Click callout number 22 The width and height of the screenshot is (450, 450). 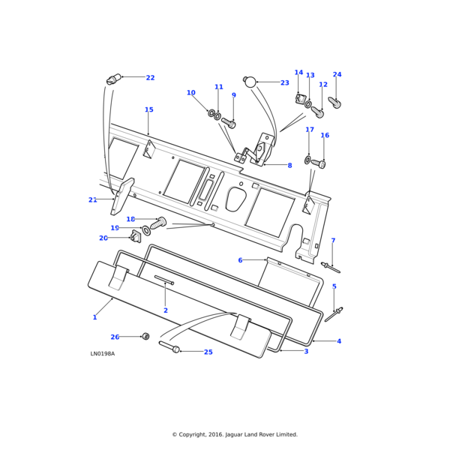click(150, 78)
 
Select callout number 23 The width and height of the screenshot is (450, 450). click(284, 83)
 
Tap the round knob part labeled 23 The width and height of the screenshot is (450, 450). click(250, 81)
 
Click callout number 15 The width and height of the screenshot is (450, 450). click(148, 110)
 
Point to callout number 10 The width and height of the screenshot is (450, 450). click(190, 93)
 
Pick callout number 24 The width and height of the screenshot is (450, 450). click(337, 75)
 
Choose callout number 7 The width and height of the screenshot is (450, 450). click(333, 241)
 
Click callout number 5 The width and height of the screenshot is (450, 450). click(334, 286)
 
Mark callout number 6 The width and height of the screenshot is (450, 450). click(240, 260)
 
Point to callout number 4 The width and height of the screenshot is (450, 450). click(338, 341)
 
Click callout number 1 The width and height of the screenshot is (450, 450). click(94, 317)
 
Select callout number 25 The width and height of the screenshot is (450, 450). click(208, 352)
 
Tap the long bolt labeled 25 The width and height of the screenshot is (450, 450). click(169, 347)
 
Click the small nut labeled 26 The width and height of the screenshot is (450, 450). click(145, 337)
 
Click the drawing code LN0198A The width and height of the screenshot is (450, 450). click(103, 354)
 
